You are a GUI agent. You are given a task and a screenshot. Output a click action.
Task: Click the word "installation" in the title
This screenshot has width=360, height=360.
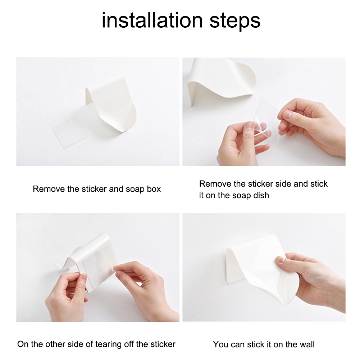coord(152,20)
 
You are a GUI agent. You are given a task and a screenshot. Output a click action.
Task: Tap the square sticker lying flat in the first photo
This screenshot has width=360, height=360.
coord(70,133)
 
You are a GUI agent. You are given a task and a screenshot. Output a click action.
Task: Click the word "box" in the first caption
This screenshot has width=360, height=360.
coord(154,189)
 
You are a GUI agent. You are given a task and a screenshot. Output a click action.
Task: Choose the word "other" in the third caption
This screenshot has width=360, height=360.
coord(55,344)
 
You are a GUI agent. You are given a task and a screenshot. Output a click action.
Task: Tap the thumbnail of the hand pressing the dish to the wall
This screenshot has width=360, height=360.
coord(264,267)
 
